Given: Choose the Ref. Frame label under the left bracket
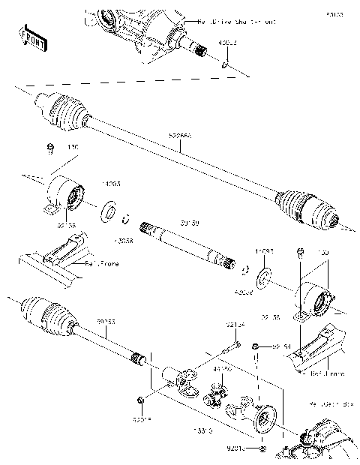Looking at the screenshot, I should coord(100,264).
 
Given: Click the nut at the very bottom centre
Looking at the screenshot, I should coord(262,448).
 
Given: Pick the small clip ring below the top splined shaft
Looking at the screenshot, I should coord(224,67).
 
